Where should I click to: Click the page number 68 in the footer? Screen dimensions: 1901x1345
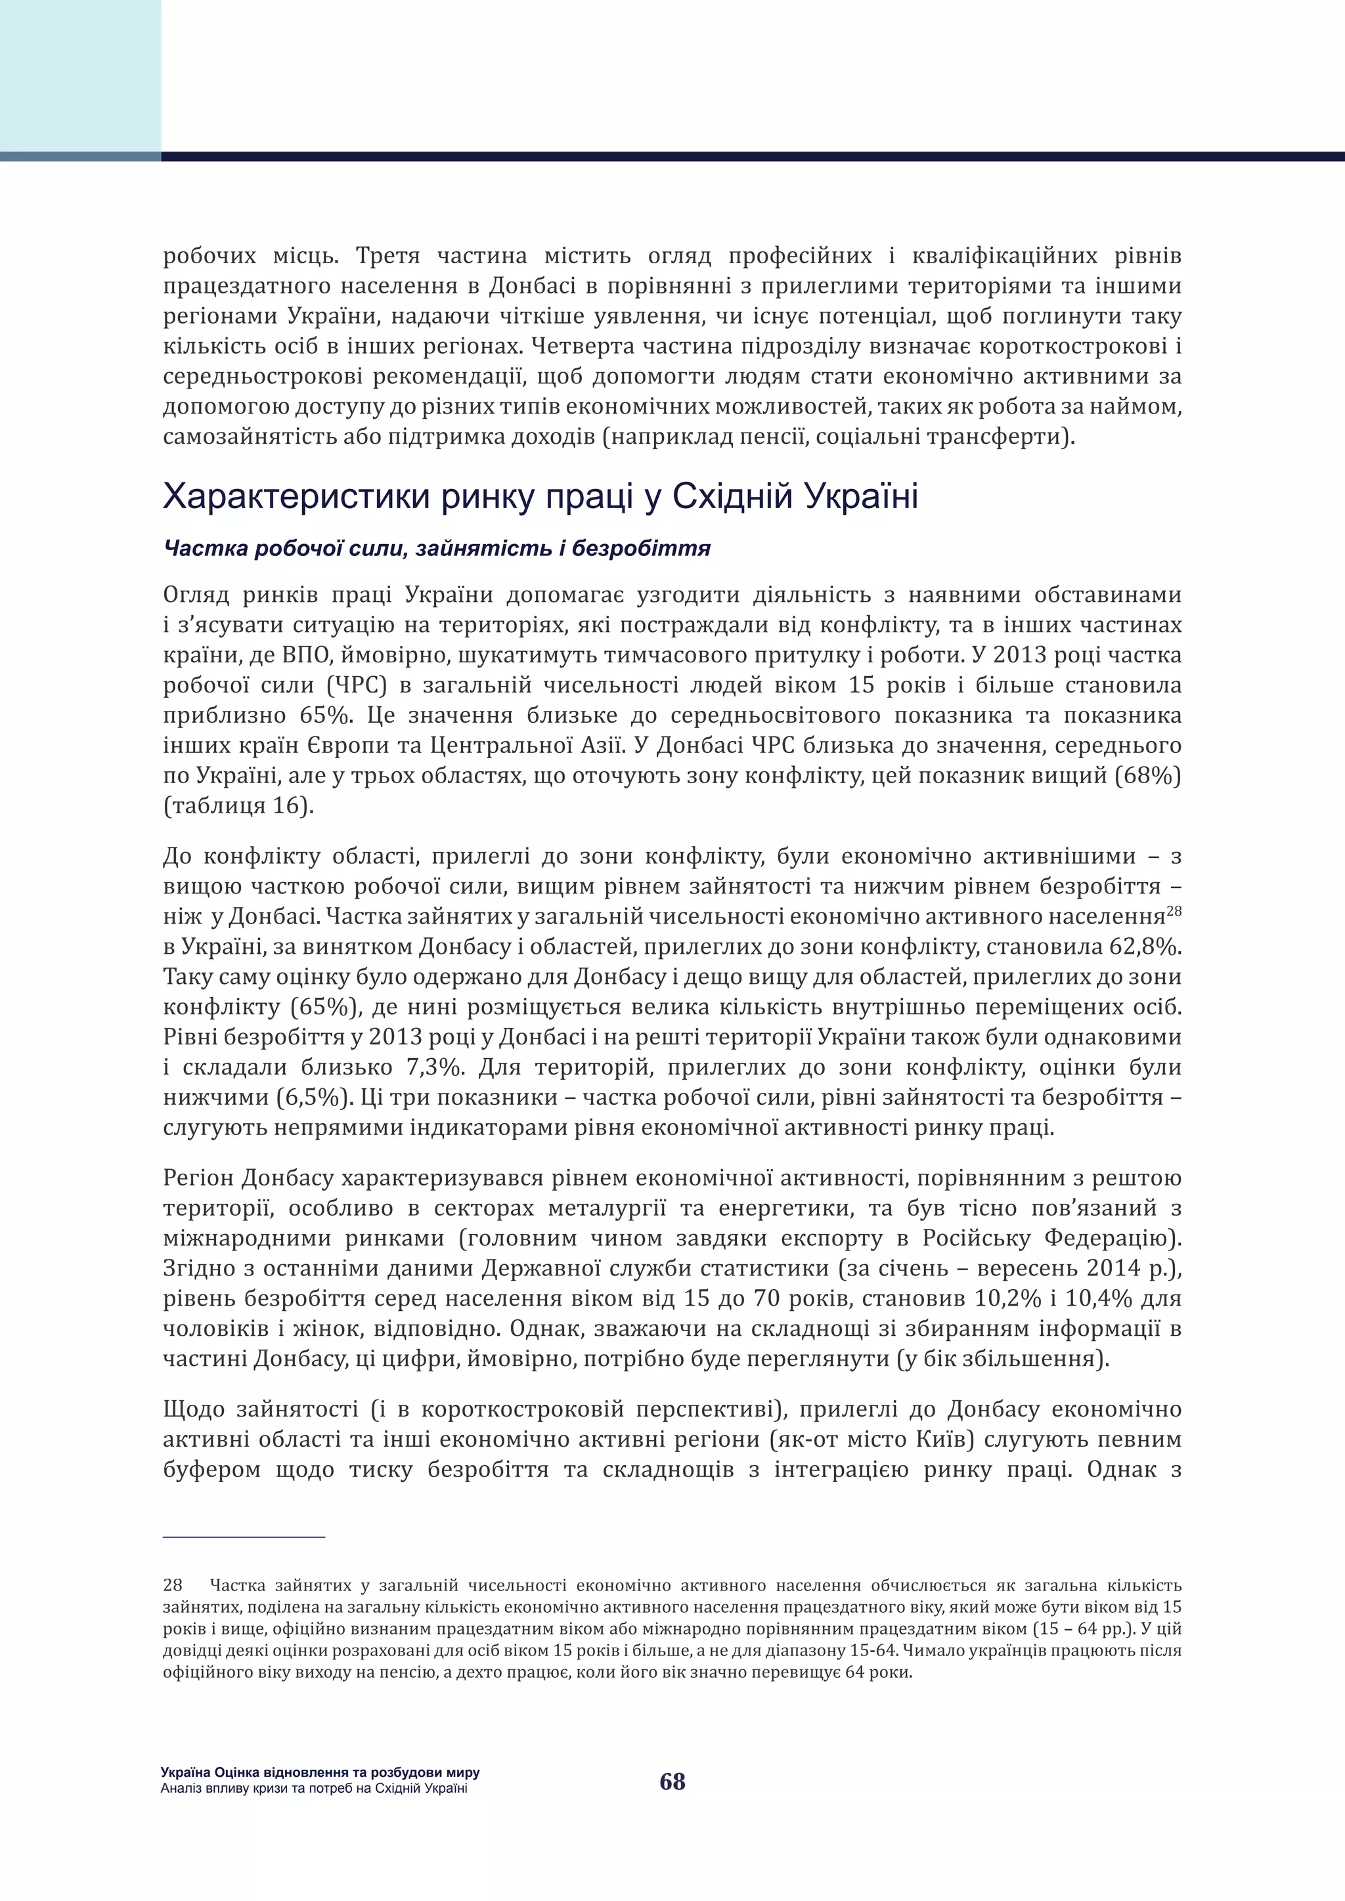(672, 1781)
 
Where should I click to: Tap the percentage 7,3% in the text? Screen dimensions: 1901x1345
(428, 1067)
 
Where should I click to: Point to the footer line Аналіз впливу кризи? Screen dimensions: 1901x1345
(314, 1788)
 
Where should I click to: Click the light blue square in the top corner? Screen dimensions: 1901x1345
(80, 76)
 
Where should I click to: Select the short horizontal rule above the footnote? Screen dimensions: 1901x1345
(244, 1537)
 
